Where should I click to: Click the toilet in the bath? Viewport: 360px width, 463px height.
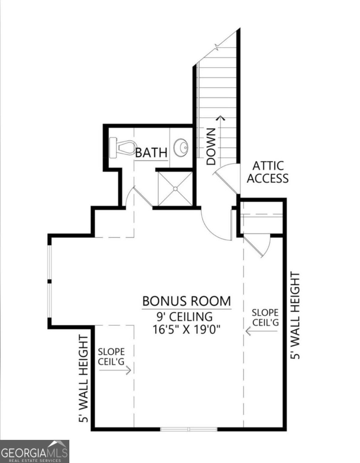pos(123,148)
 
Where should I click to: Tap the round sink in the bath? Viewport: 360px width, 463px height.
pos(181,147)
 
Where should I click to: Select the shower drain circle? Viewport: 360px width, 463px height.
pos(175,189)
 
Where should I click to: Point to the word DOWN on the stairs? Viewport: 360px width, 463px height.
pos(211,147)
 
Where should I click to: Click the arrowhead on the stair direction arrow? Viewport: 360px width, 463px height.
pos(221,118)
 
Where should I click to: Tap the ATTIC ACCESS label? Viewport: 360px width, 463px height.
pos(267,172)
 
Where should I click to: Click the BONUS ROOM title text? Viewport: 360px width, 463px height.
pos(187,301)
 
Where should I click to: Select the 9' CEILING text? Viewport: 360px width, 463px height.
pos(185,317)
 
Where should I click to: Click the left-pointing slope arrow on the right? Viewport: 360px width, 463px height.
pos(262,331)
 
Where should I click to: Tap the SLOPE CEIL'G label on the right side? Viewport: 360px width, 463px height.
pos(265,318)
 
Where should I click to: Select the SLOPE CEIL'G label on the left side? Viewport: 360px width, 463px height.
pos(111,357)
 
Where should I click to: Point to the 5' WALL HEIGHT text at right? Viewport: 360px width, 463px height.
pos(295,316)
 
